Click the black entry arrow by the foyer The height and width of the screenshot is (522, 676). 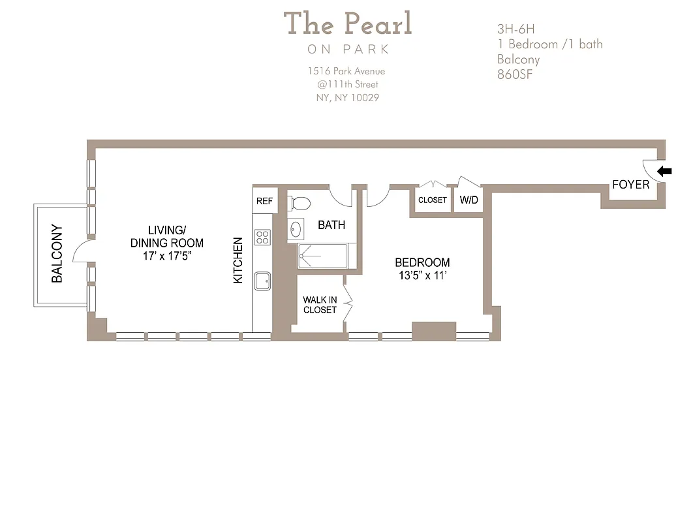(x=664, y=172)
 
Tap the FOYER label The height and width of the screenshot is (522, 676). (x=630, y=185)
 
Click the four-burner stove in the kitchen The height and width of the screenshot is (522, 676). (x=263, y=237)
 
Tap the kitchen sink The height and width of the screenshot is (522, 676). (x=263, y=281)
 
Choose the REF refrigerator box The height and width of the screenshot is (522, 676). (x=264, y=201)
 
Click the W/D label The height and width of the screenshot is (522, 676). (x=469, y=200)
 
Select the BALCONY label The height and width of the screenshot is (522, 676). (x=57, y=254)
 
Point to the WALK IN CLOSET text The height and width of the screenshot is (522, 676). (x=320, y=305)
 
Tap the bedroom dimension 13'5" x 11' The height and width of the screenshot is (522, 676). (x=422, y=275)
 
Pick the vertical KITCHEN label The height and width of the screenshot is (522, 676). (x=238, y=260)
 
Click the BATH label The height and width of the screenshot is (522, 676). (x=331, y=225)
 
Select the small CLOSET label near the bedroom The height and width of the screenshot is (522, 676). (x=432, y=200)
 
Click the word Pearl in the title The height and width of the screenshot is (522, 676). (x=378, y=24)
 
